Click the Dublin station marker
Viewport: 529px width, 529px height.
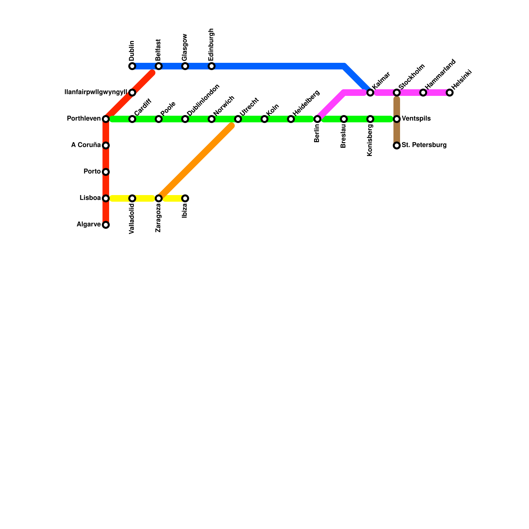(132, 66)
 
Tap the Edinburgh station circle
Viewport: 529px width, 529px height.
(212, 66)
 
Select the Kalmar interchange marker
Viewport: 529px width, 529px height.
(370, 93)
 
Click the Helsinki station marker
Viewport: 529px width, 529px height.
(450, 93)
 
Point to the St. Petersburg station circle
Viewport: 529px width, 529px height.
(397, 145)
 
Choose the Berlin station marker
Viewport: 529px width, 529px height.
(317, 119)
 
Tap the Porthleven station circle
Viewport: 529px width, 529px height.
(106, 119)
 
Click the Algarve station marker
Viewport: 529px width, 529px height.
(106, 225)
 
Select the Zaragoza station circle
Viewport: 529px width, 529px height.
(159, 198)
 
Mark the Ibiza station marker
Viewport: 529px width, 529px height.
(185, 198)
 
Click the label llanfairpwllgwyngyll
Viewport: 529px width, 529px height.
(96, 92)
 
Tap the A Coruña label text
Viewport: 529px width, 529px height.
(86, 145)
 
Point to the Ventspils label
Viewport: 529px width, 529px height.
(416, 119)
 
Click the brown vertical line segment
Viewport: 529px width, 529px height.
(397, 132)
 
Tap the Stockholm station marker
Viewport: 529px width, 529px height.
(397, 93)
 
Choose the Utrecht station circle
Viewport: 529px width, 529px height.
(238, 119)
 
